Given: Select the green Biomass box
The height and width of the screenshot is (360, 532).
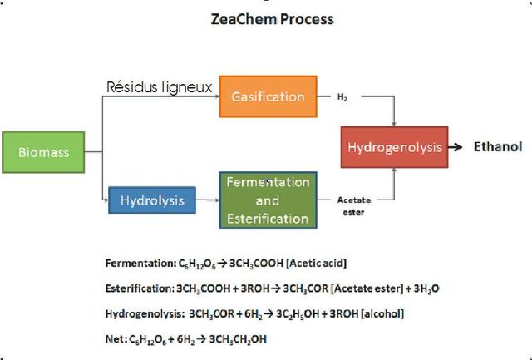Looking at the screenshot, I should click(44, 152).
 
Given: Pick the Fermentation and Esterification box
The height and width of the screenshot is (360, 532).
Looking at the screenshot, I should click(268, 200).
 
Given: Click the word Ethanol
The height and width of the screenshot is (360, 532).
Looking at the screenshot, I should click(497, 147).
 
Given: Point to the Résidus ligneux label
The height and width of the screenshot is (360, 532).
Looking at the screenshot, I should click(159, 87).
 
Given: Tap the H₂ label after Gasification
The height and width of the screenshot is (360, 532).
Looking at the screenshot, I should click(342, 97).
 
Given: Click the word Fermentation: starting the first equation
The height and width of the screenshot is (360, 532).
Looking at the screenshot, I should click(140, 263).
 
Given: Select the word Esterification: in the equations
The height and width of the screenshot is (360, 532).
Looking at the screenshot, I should click(140, 288).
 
